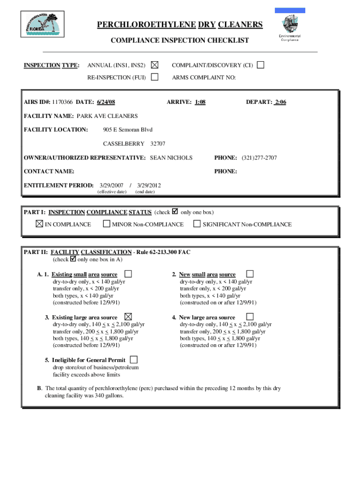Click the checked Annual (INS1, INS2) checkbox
point(154,65)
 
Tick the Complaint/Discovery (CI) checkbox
point(260,65)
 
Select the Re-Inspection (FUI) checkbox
point(154,77)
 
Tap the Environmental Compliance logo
point(290,28)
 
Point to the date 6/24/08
point(106,102)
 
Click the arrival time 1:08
point(200,102)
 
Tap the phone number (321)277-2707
point(259,158)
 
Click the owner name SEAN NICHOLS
point(171,158)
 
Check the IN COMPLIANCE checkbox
point(39,224)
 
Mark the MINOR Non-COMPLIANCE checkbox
point(107,224)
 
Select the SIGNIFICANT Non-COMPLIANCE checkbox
point(197,224)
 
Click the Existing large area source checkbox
point(128,317)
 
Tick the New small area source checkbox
point(250,274)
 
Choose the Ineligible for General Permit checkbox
point(134,360)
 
